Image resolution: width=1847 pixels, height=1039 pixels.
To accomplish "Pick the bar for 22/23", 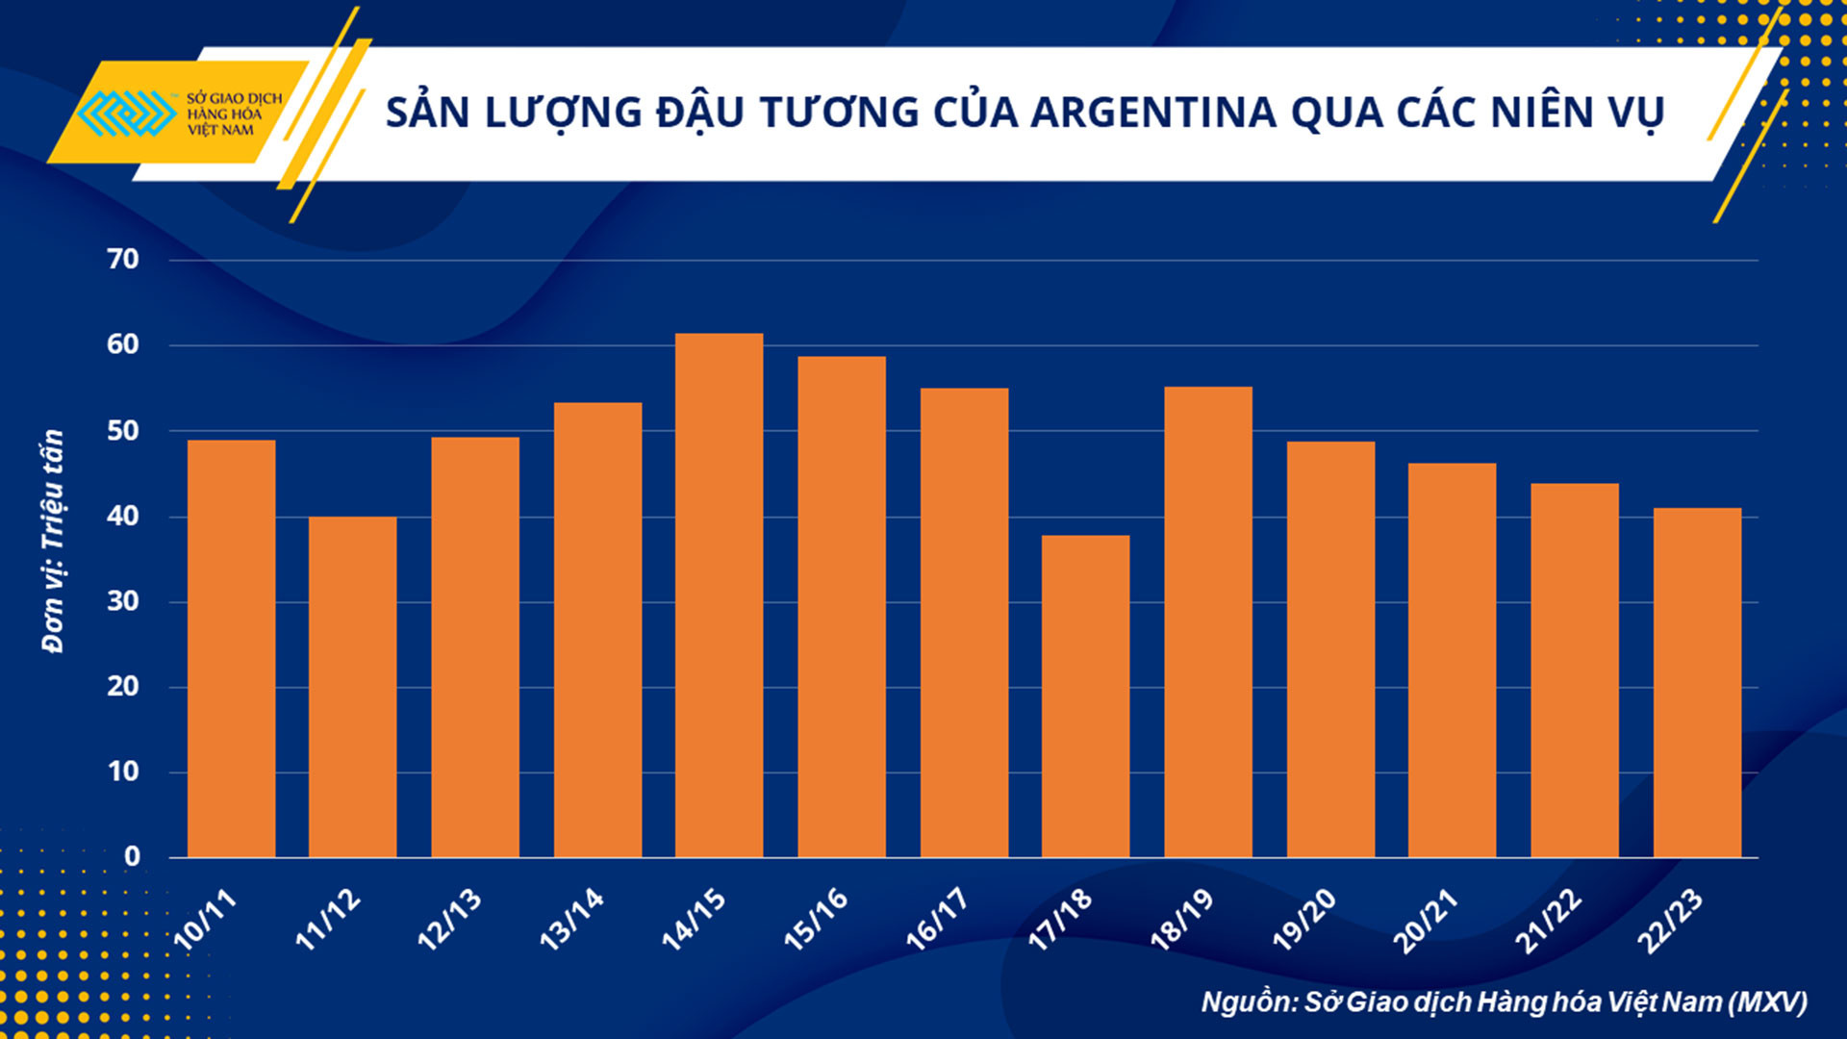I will [1697, 682].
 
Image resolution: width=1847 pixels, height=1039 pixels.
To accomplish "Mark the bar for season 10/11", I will [231, 648].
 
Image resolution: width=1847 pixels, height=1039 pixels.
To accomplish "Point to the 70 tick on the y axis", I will [123, 259].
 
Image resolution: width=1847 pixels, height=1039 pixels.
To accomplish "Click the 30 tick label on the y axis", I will [123, 601].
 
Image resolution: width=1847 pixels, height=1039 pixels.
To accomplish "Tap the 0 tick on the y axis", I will [132, 856].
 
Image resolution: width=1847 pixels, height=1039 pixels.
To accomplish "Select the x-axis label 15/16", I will [817, 920].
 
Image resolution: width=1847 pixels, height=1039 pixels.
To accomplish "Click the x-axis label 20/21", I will [1426, 922].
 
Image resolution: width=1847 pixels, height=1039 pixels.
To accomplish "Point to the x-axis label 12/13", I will [449, 920].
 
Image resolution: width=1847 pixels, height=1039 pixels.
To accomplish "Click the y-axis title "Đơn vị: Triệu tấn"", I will [53, 541].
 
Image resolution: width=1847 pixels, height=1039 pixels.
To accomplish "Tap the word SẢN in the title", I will [427, 113].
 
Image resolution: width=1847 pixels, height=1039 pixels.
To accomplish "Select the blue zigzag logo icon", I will [126, 114].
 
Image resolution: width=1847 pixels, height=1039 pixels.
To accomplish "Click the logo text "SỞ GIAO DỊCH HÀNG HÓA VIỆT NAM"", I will [234, 114].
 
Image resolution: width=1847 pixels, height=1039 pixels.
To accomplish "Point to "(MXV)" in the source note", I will [1767, 1002].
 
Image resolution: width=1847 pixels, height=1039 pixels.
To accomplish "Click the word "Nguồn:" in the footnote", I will [1249, 1002].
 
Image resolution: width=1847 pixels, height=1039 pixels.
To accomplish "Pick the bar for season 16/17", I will [964, 622].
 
